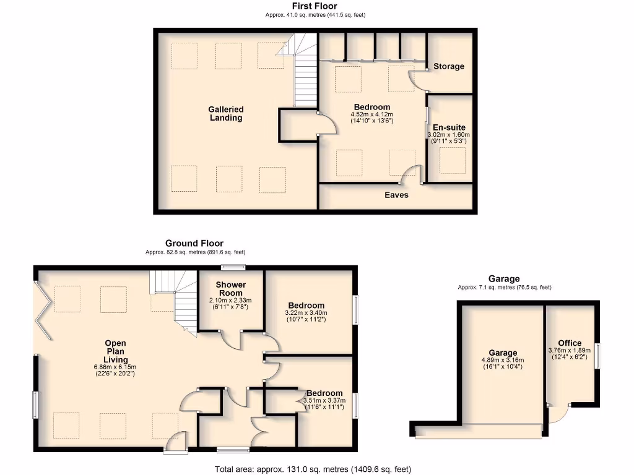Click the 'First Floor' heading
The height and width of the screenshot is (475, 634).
pyautogui.click(x=315, y=6)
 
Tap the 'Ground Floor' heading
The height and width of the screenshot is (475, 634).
pyautogui.click(x=194, y=244)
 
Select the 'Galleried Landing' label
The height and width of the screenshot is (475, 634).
pyautogui.click(x=225, y=114)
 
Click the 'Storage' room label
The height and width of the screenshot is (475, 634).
pyautogui.click(x=449, y=66)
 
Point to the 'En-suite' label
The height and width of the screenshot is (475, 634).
pyautogui.click(x=449, y=127)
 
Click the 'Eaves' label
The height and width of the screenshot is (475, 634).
pyautogui.click(x=396, y=195)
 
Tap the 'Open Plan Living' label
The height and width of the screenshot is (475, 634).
pyautogui.click(x=116, y=351)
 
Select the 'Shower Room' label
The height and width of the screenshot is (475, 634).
pyautogui.click(x=230, y=289)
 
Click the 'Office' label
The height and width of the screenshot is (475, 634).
pyautogui.click(x=570, y=343)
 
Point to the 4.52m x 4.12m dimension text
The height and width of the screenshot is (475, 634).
pyautogui.click(x=372, y=114)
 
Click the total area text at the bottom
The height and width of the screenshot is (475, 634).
pyautogui.click(x=313, y=469)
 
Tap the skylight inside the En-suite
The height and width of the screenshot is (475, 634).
pyautogui.click(x=452, y=160)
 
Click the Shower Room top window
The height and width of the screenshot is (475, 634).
pyautogui.click(x=233, y=268)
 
